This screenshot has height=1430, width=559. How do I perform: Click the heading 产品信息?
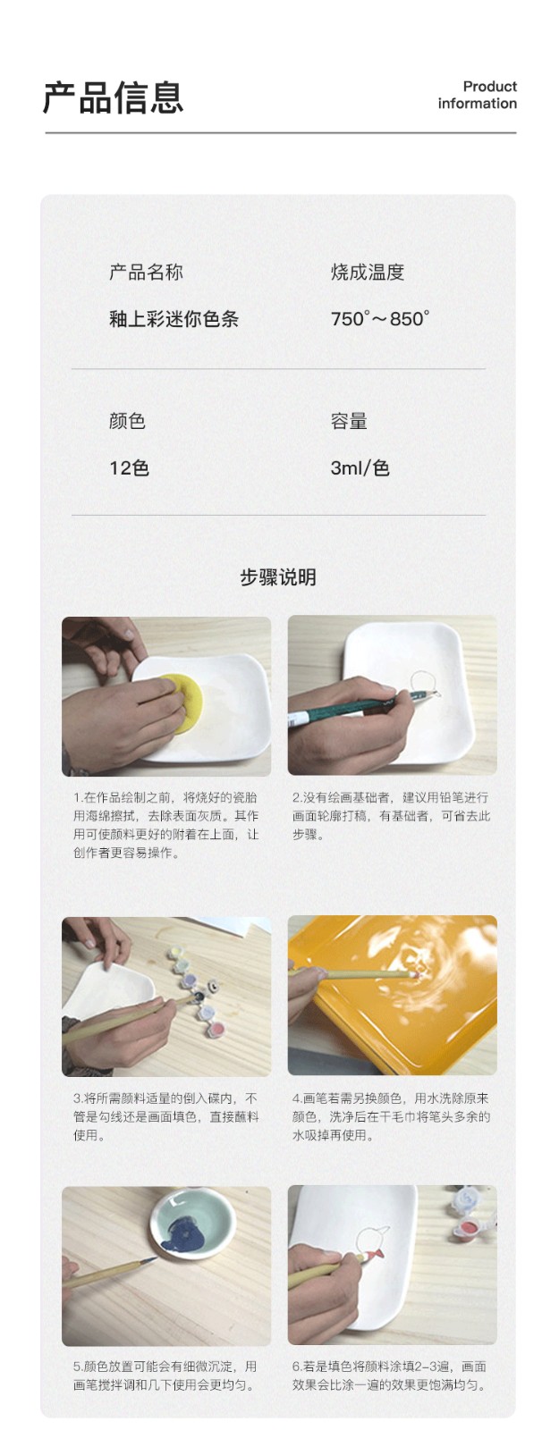113,97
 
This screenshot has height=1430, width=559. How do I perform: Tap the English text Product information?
478,95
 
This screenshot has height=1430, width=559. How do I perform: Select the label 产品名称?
147,273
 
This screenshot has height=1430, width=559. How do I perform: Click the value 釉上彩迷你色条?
174,318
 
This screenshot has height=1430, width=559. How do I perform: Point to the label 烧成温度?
368,273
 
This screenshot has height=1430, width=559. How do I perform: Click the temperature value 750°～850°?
380,318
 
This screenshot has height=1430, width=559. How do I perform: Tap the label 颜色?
127,421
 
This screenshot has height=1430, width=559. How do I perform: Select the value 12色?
129,468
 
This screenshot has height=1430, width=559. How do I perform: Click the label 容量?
349,421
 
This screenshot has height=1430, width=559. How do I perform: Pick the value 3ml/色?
360,468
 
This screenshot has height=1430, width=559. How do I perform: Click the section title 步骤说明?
278,577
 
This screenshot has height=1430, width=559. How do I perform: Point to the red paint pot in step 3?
216,1029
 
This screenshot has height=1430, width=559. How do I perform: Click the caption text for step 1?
165,825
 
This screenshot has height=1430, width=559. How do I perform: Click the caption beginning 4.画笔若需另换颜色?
391,1116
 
